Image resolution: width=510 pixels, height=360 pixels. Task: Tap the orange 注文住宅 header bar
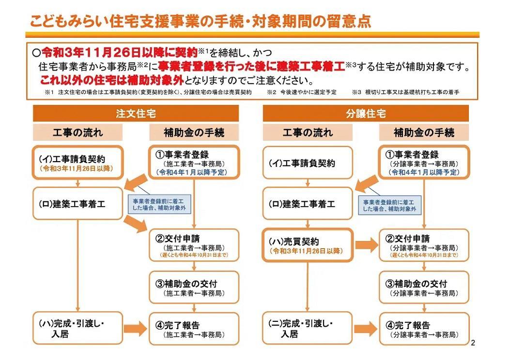(x=136, y=114)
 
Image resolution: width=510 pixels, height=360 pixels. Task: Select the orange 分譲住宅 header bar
(x=366, y=114)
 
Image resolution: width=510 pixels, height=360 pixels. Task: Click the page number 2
(x=473, y=344)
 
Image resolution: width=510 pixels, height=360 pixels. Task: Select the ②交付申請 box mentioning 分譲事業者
(x=424, y=246)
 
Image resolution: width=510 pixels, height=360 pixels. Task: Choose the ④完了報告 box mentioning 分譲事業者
(x=424, y=329)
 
